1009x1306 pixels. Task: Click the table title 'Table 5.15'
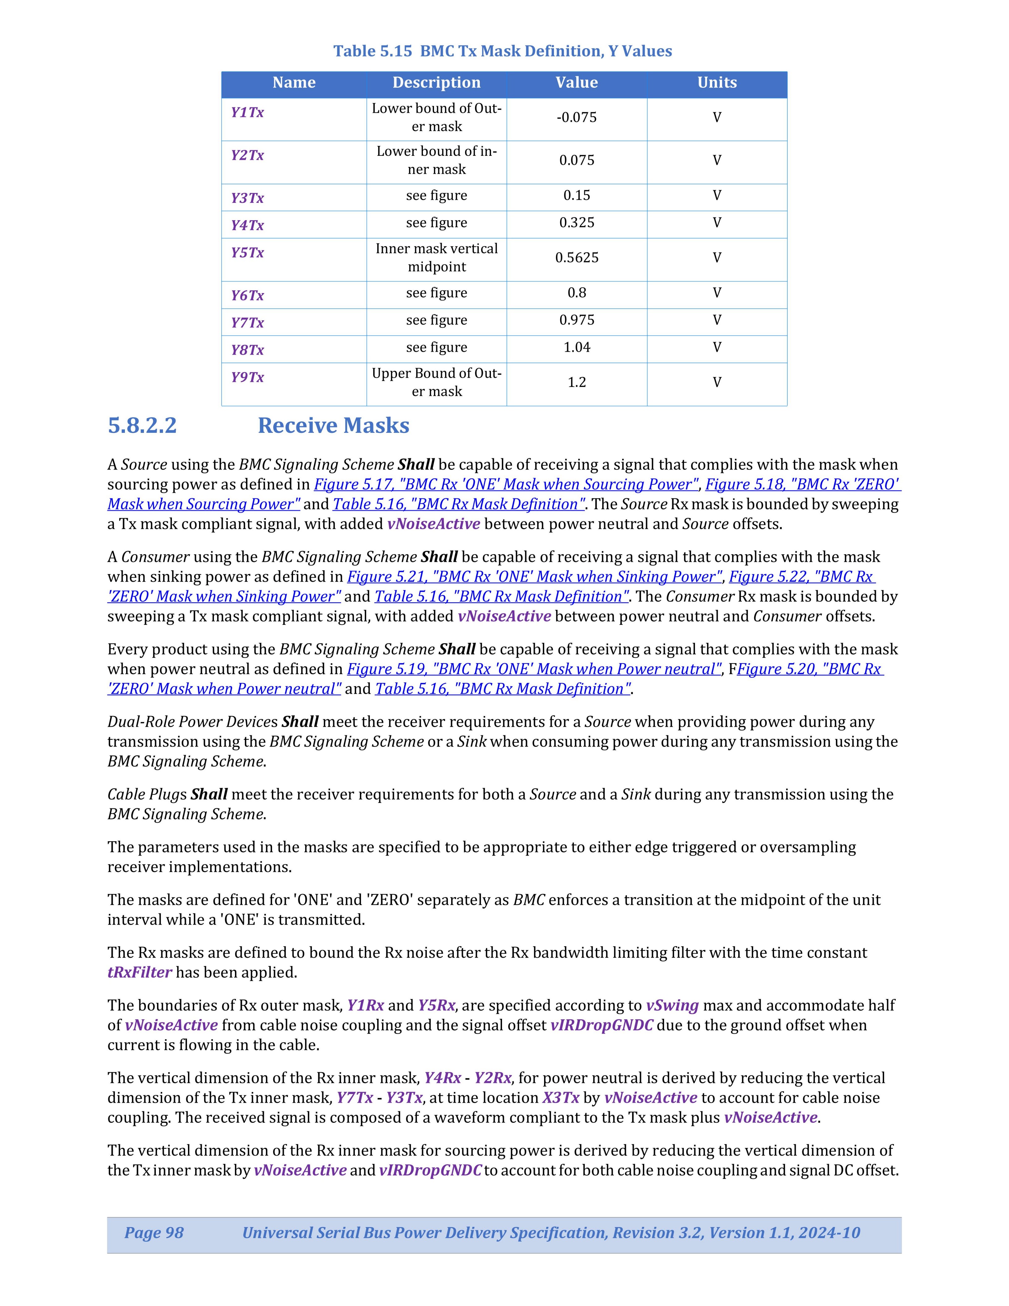[373, 51]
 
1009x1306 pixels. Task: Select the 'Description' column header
[436, 83]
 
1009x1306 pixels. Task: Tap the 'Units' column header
[717, 83]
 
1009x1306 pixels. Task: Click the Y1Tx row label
[248, 113]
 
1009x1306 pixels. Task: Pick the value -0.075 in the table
[576, 117]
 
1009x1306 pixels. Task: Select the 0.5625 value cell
[576, 258]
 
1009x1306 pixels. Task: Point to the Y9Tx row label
[248, 377]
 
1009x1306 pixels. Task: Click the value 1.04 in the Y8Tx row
[576, 348]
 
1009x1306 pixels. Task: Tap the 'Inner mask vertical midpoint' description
[436, 258]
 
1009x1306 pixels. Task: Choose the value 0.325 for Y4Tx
[576, 222]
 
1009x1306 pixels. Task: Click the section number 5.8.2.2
[142, 425]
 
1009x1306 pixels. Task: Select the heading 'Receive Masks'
[333, 425]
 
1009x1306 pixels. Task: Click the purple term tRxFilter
[139, 972]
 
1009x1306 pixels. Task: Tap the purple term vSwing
[672, 1005]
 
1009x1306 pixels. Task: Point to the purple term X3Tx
[561, 1098]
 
